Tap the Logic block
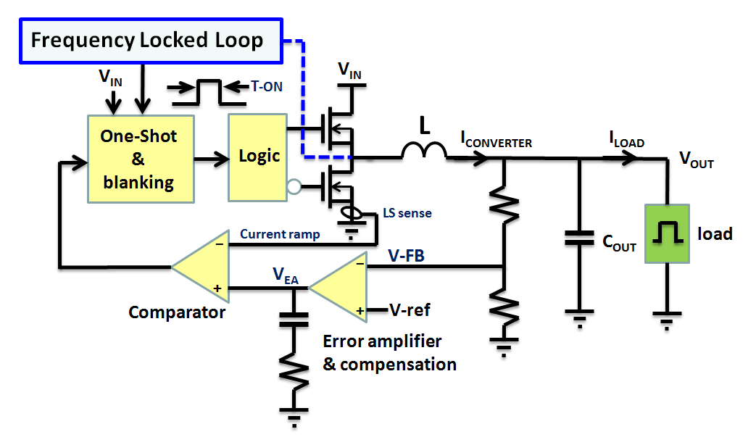pos(259,157)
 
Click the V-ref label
pos(409,310)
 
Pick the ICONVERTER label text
pos(497,141)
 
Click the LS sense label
pos(407,214)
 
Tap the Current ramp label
pos(280,234)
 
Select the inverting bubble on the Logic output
pos(294,188)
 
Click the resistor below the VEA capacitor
pos(294,374)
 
